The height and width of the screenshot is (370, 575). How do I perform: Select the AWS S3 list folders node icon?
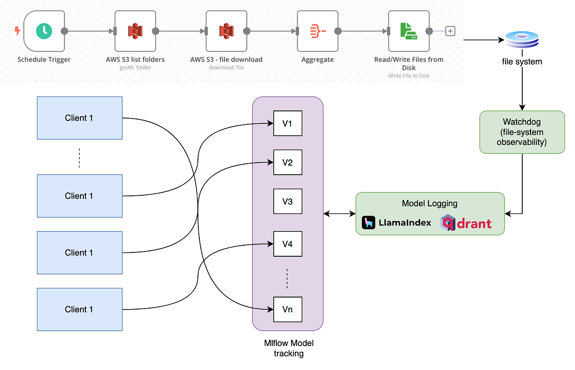tap(136, 31)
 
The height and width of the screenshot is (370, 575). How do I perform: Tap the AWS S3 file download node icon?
tap(226, 31)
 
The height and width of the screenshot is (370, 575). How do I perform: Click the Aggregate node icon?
tap(318, 31)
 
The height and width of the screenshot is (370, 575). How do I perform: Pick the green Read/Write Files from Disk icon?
tap(409, 31)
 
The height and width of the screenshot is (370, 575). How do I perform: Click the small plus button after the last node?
tap(450, 31)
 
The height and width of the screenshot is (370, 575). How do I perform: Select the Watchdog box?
tap(522, 132)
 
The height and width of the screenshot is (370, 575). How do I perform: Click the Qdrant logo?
tap(466, 223)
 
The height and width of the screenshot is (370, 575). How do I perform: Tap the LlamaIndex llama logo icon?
tap(368, 223)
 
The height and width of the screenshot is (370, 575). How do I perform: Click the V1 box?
tap(287, 124)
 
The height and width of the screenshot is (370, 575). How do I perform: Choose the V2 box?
tap(287, 162)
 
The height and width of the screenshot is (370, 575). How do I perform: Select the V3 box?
tap(287, 201)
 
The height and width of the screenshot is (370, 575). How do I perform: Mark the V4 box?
tap(287, 244)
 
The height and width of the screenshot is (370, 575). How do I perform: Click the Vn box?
tap(287, 309)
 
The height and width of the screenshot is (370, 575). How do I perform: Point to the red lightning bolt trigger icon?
tap(17, 31)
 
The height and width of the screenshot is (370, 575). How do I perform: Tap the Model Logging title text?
tap(429, 203)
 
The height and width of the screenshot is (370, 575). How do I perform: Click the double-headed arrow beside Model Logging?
tap(339, 214)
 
